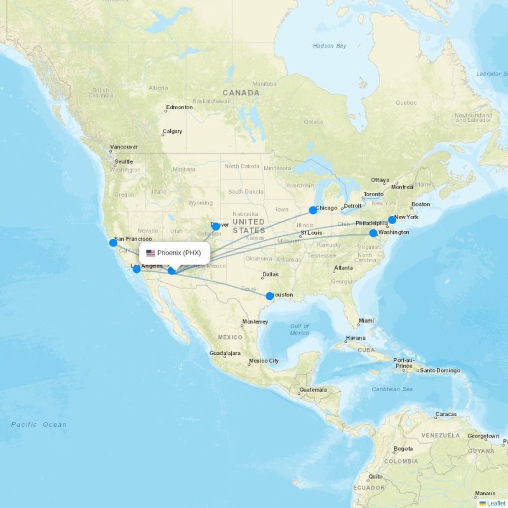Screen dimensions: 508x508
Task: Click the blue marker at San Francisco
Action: [x=113, y=243]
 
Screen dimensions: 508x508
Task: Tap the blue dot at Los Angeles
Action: [x=137, y=269]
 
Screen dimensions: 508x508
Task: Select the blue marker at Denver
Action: [x=216, y=226]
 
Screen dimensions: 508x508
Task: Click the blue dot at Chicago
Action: [x=313, y=210]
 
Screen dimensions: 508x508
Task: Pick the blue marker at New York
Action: [x=392, y=220]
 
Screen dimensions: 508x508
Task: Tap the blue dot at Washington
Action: [x=373, y=233]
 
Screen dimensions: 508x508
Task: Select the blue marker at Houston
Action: [x=269, y=295]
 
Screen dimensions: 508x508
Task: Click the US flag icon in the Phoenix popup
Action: [x=150, y=253]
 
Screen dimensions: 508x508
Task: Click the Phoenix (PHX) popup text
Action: [x=179, y=253]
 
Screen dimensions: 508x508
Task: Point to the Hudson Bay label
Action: [x=330, y=46]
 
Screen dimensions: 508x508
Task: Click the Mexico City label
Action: [x=264, y=361]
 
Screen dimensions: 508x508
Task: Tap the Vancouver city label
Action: [x=123, y=147]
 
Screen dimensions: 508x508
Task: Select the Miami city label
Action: [x=366, y=321]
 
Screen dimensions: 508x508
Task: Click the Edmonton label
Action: [x=179, y=107]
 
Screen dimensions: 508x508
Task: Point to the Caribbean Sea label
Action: [x=392, y=389]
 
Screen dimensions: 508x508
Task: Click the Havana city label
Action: [x=356, y=337]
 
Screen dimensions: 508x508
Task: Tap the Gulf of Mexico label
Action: [x=299, y=330]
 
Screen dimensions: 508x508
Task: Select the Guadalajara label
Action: [x=225, y=353]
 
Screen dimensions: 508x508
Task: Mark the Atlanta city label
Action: [x=344, y=268]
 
